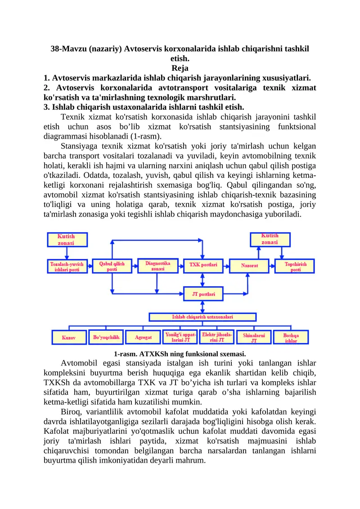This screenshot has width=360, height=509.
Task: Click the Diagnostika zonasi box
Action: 157,266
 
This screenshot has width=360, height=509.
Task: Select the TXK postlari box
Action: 203,265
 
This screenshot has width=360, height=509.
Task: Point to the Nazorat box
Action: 249,266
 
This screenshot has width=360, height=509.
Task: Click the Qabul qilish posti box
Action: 112,266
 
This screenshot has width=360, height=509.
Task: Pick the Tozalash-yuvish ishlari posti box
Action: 67,266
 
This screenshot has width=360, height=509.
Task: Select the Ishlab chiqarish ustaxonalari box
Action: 202,317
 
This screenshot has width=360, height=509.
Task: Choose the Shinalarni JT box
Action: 254,338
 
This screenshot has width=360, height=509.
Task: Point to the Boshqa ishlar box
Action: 291,338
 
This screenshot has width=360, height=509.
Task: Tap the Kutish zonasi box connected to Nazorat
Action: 270,239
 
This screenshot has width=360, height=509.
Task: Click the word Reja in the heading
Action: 180,68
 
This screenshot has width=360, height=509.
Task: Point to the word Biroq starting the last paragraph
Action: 71,411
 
